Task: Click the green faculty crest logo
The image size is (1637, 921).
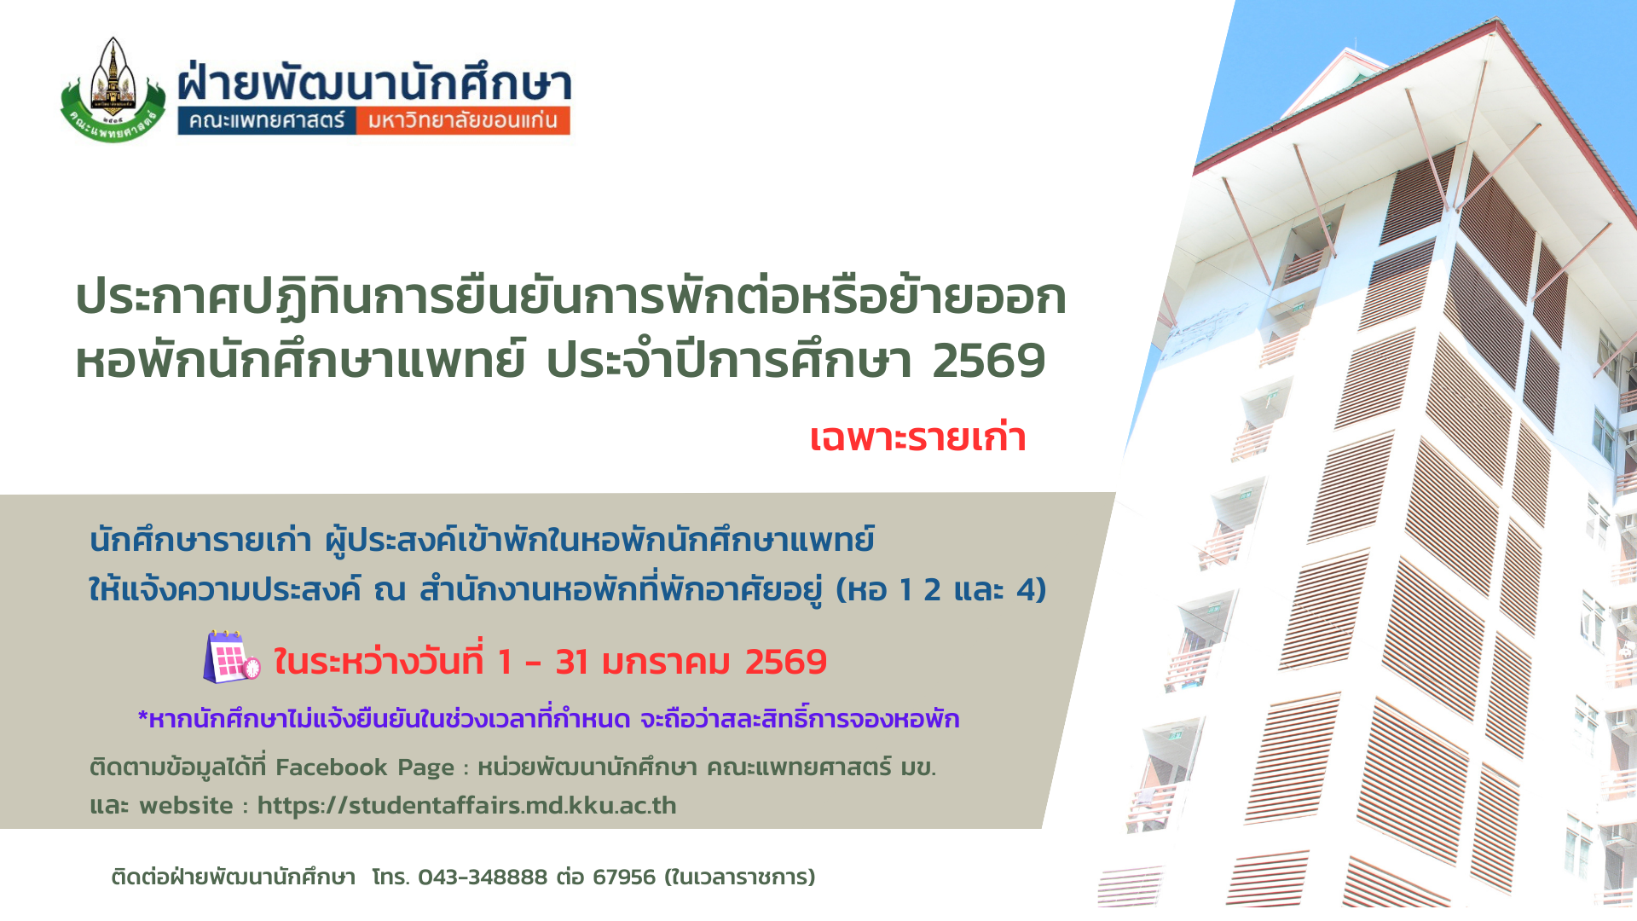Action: (x=113, y=90)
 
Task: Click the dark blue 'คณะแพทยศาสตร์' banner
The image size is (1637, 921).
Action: (x=266, y=120)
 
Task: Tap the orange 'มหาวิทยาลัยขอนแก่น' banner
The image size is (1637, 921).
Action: (x=463, y=120)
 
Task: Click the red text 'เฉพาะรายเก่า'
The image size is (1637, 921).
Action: (x=917, y=437)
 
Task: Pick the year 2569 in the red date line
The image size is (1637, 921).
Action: (x=786, y=663)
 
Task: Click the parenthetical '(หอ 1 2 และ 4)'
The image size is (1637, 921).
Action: (x=940, y=589)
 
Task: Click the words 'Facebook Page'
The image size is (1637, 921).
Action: (x=365, y=767)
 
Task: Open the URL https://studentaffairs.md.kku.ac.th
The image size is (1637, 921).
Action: (x=466, y=805)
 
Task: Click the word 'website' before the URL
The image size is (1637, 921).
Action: (x=186, y=805)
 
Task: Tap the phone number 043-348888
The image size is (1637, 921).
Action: (x=483, y=877)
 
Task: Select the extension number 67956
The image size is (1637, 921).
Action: (x=624, y=877)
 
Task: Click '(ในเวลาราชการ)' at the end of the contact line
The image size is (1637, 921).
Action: (x=740, y=877)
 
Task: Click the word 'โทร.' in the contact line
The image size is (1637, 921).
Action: (x=391, y=877)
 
